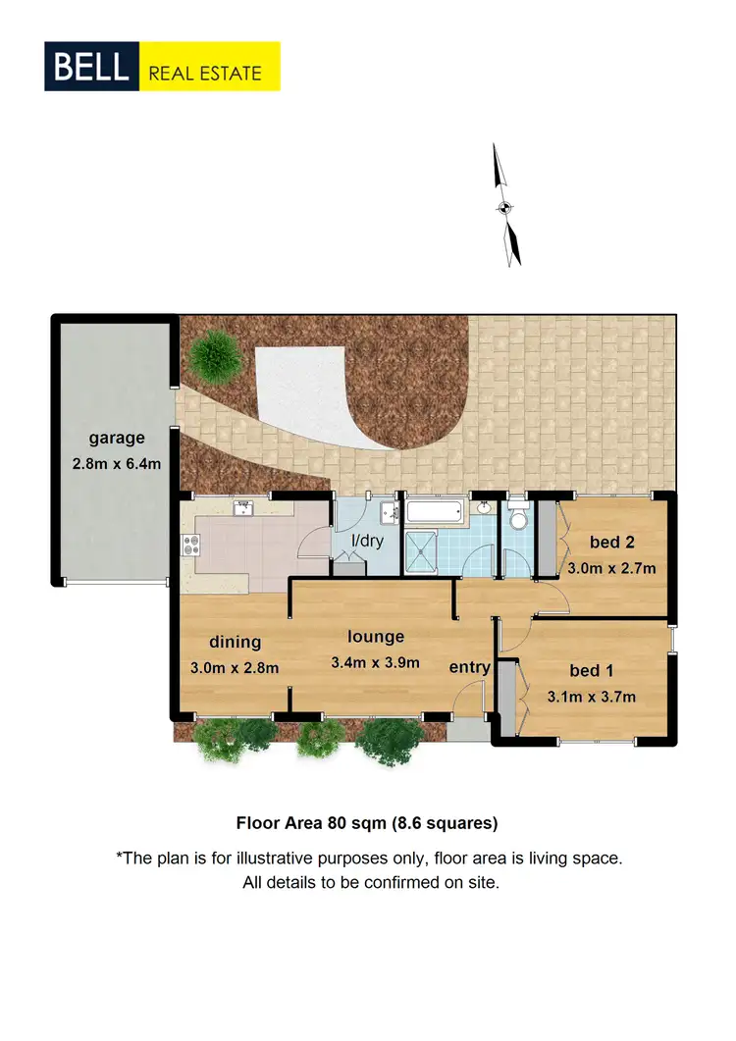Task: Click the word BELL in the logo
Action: click(x=91, y=67)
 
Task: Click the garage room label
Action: click(x=117, y=439)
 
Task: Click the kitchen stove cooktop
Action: click(x=189, y=545)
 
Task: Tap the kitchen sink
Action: click(x=243, y=508)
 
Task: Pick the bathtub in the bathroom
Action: click(x=435, y=512)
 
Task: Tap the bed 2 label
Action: click(x=611, y=542)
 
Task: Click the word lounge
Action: click(x=375, y=637)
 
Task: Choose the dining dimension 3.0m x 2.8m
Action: click(x=234, y=668)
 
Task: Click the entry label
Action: click(x=469, y=667)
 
